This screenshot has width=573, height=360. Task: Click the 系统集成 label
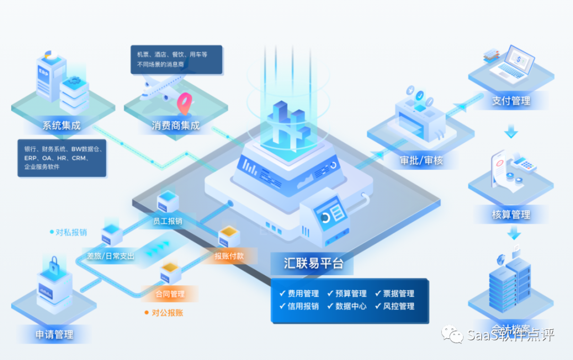point(62,126)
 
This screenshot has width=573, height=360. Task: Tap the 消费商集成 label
point(176,126)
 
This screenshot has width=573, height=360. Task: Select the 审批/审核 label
point(421,161)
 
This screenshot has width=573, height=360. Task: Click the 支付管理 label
point(510,100)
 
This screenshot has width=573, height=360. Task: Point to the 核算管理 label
point(511,215)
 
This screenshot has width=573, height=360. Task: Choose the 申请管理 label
point(54,335)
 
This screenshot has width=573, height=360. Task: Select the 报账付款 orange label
point(229,256)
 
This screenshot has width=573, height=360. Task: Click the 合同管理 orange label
point(170,294)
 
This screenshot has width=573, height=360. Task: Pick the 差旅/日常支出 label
point(111,256)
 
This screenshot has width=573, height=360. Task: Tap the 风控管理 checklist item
point(395,306)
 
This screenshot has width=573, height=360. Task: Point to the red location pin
point(185,103)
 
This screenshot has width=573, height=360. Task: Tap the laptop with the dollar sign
point(515,63)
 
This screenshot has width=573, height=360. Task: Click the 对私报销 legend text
point(71,232)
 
